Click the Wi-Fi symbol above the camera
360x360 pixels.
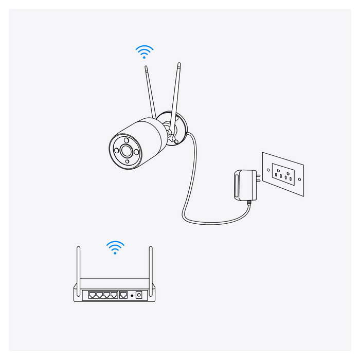coord(145,51)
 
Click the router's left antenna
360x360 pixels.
coord(79,267)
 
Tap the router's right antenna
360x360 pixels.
coord(152,267)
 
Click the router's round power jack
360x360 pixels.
coord(138,295)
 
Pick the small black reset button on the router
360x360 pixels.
coord(132,296)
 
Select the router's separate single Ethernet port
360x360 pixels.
coord(123,295)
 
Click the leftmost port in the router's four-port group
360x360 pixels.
coord(92,295)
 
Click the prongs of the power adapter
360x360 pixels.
coord(257,177)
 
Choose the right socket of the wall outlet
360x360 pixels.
coord(289,177)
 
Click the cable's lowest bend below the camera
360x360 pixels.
coord(206,223)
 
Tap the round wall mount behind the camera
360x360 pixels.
coord(180,129)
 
